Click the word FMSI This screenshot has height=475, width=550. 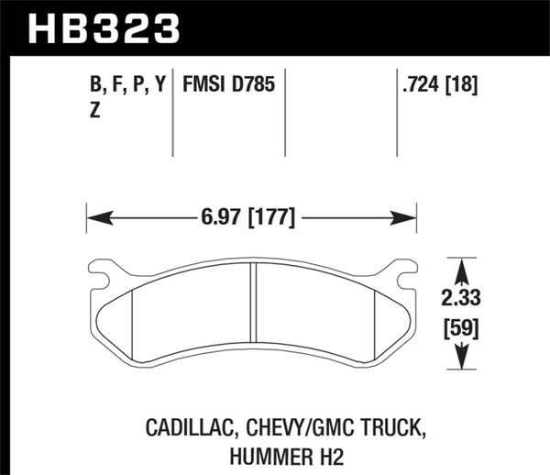point(207,86)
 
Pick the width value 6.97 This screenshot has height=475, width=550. point(216,218)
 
